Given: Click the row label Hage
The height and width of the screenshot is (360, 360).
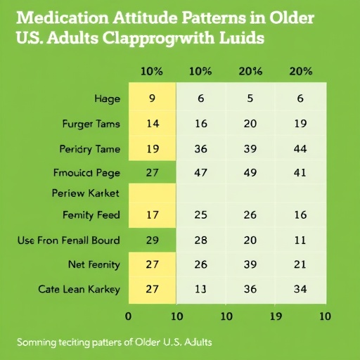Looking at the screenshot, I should [x=106, y=99].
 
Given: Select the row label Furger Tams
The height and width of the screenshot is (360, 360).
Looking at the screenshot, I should [x=91, y=124].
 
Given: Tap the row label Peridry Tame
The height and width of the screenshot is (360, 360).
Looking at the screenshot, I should [x=90, y=149].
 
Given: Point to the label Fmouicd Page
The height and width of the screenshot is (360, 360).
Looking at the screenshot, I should [x=86, y=172].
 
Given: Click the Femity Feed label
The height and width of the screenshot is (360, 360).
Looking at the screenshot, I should [x=91, y=214].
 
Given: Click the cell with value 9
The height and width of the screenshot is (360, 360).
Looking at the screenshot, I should [x=152, y=99].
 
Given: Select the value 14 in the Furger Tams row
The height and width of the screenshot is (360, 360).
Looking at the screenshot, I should [x=152, y=124].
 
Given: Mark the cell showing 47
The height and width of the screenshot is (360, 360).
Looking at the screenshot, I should [x=200, y=172].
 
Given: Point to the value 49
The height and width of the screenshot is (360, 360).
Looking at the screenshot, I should [x=250, y=172].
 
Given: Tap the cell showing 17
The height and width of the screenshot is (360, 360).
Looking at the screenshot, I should [x=152, y=214].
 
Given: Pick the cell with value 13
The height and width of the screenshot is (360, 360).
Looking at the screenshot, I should [x=200, y=289].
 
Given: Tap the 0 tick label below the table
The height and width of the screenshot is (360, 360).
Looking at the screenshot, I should [x=127, y=316].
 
